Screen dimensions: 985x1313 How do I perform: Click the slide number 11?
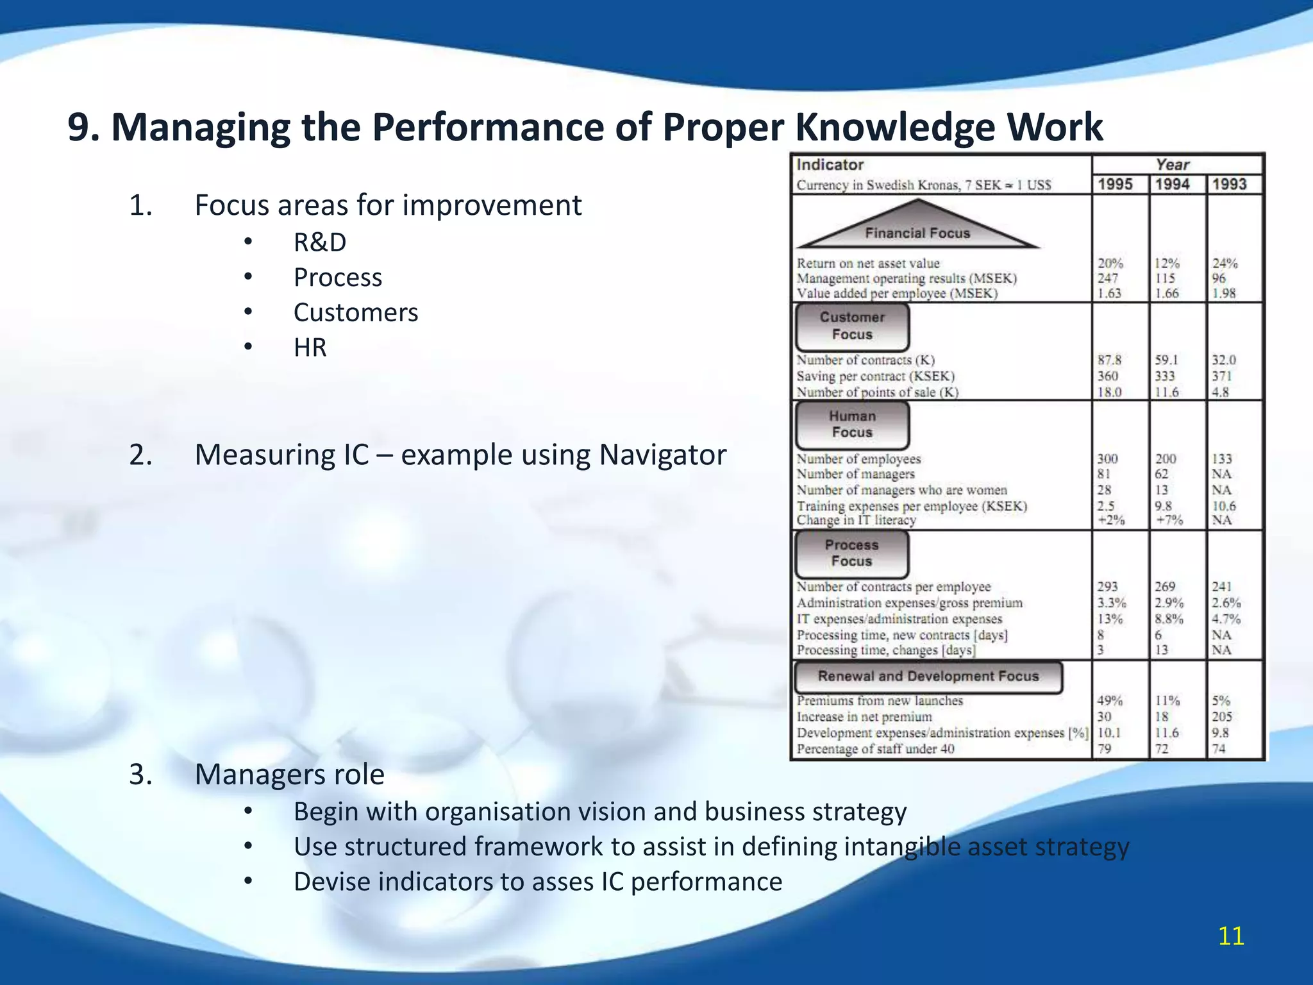coord(1231,936)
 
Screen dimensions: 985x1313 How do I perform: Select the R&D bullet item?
coord(320,242)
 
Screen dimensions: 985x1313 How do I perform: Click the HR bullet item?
coord(310,348)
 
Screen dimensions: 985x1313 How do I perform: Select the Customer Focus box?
coord(852,326)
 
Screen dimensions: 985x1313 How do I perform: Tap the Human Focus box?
coord(852,425)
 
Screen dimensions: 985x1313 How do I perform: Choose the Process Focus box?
coord(851,553)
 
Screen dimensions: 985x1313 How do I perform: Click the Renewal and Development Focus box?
coord(928,677)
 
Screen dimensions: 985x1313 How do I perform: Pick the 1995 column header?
coord(1116,185)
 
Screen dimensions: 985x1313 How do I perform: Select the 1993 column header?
coord(1230,185)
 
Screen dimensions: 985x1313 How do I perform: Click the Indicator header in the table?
coord(830,165)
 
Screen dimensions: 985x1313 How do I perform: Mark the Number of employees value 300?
coord(1107,459)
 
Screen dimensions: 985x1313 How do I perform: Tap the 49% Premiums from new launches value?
coord(1110,701)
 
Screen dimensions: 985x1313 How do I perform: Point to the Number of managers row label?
coord(856,475)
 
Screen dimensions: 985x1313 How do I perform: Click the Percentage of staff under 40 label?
coord(875,749)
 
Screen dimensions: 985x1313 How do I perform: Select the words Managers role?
coord(290,775)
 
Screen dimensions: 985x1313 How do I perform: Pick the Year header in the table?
coord(1173,165)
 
